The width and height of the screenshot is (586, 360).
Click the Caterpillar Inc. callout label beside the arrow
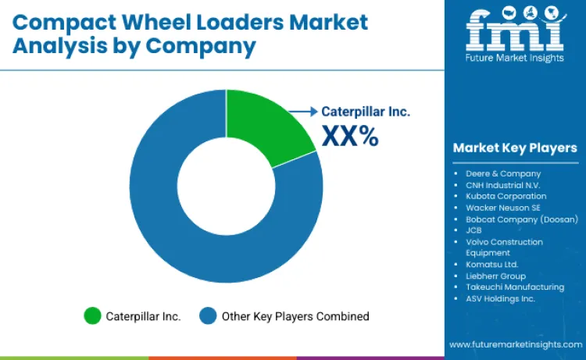point(366,111)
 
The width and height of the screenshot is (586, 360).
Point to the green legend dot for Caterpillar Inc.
point(93,316)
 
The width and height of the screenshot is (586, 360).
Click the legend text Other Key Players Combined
point(295,316)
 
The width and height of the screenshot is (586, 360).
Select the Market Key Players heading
point(514,148)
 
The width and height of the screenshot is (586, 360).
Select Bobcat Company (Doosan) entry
point(521,219)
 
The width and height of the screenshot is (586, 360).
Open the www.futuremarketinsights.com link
point(515,344)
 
